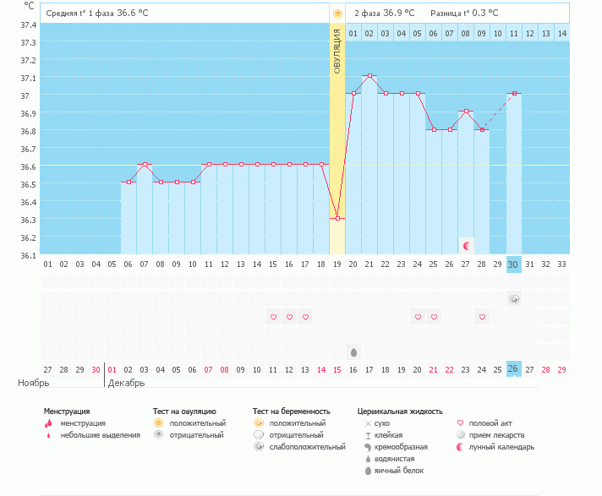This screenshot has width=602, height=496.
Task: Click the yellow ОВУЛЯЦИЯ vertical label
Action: [337, 51]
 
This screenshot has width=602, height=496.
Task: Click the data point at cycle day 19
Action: [337, 218]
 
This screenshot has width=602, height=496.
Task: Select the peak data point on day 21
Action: [369, 76]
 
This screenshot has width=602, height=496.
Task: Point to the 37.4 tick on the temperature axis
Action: [27, 25]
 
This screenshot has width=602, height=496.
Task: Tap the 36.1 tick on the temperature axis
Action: [27, 254]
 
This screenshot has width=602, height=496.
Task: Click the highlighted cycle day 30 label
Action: [514, 264]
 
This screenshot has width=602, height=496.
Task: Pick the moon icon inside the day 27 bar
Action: [466, 245]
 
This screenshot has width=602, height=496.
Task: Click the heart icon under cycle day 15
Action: [273, 317]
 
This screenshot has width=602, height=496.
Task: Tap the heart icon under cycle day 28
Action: [482, 317]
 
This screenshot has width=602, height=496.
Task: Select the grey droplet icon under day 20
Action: [353, 352]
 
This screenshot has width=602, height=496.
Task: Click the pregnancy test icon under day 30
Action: [514, 299]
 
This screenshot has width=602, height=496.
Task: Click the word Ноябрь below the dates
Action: [35, 383]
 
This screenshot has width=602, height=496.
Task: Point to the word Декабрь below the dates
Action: [125, 383]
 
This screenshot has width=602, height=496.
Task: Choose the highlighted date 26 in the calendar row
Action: [514, 369]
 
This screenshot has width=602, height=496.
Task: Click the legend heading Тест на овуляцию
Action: [184, 412]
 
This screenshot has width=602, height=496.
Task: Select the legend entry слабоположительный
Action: [308, 446]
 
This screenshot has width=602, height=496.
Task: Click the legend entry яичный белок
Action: [398, 470]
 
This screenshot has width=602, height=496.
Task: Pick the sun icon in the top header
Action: [337, 14]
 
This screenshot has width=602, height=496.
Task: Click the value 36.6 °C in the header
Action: [134, 14]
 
